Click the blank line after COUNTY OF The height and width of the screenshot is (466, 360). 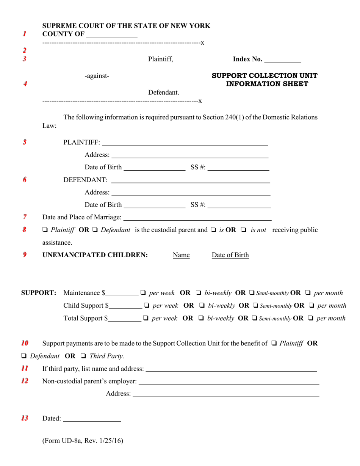(x=112, y=35)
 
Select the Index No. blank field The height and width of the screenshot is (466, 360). (x=282, y=60)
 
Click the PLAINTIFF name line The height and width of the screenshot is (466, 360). (x=185, y=143)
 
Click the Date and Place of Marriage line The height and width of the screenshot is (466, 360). (x=197, y=218)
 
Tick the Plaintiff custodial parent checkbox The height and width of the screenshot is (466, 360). (x=45, y=230)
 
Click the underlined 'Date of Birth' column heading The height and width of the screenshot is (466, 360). (x=230, y=255)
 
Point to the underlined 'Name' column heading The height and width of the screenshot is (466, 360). (x=181, y=255)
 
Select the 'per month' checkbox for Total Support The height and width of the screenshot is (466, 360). (x=311, y=318)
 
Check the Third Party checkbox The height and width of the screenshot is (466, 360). (x=82, y=356)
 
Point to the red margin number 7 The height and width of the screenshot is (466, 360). (x=24, y=217)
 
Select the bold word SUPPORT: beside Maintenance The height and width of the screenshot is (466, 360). (x=39, y=293)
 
